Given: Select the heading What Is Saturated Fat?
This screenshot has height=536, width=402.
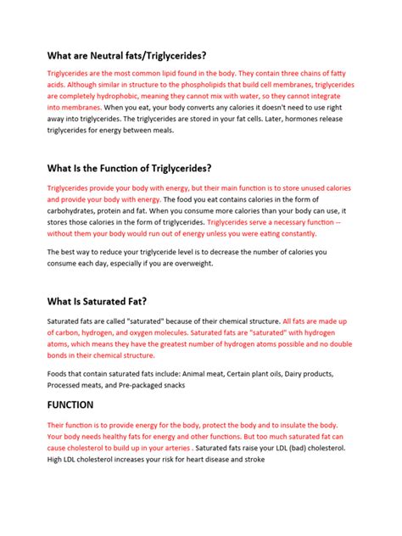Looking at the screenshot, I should click(98, 300).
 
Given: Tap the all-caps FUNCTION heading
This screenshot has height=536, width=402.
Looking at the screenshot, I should click(70, 405).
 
